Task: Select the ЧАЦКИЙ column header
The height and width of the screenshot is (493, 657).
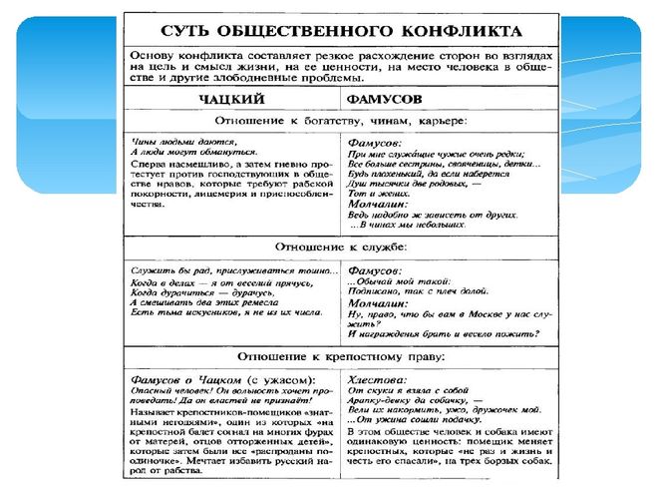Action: click(230, 101)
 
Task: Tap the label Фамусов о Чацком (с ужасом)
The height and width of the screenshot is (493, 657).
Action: click(222, 379)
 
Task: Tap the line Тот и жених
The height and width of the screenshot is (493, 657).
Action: click(370, 194)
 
